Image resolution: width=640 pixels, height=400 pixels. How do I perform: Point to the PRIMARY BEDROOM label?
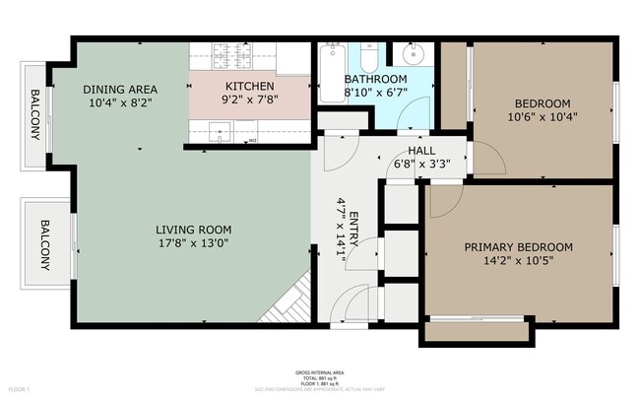[518, 246]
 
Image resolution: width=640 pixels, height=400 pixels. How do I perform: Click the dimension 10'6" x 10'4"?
[543, 117]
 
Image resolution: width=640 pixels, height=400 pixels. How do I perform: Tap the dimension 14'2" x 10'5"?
[518, 260]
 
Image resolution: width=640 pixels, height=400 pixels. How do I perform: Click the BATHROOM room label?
[375, 79]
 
